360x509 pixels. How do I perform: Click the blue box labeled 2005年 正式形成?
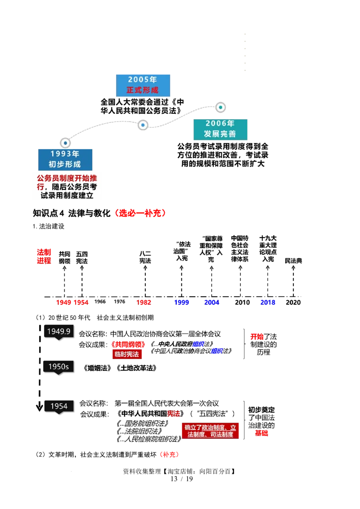pyautogui.click(x=143, y=85)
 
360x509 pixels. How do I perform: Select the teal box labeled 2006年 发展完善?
pyautogui.click(x=220, y=129)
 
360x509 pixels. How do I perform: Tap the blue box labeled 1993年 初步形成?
pyautogui.click(x=65, y=160)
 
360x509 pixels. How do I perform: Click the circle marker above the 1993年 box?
pyautogui.click(x=65, y=143)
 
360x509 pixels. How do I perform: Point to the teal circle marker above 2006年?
pyautogui.click(x=220, y=107)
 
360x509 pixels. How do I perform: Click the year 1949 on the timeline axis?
pyautogui.click(x=63, y=303)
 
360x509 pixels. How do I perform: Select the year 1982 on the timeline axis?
pyautogui.click(x=144, y=303)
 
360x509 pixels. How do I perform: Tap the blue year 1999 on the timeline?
pyautogui.click(x=181, y=303)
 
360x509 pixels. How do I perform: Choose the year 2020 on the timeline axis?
pyautogui.click(x=293, y=303)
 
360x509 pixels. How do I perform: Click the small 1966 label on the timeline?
pyautogui.click(x=100, y=302)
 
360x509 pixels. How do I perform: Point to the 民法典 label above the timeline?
pyautogui.click(x=293, y=261)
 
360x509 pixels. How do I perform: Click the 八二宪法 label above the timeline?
pyautogui.click(x=145, y=257)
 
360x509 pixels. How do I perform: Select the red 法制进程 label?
pyautogui.click(x=44, y=256)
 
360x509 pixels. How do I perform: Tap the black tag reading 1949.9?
pyautogui.click(x=59, y=331)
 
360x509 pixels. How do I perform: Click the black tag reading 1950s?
pyautogui.click(x=58, y=367)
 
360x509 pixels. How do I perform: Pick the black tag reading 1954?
pyautogui.click(x=59, y=406)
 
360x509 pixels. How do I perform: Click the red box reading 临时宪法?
pyautogui.click(x=127, y=354)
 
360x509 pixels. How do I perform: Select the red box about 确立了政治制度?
pyautogui.click(x=210, y=431)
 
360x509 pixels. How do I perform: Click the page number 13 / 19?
pyautogui.click(x=182, y=479)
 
